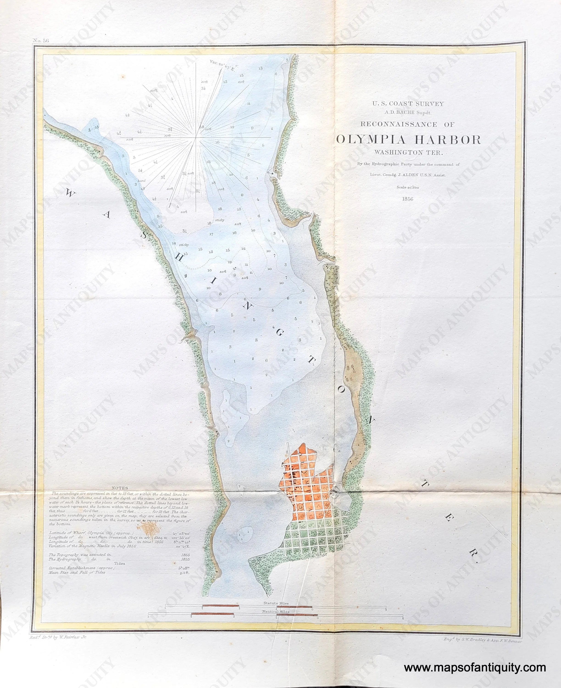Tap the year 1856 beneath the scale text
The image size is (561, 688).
(x=408, y=199)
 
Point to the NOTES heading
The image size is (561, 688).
(x=119, y=488)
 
